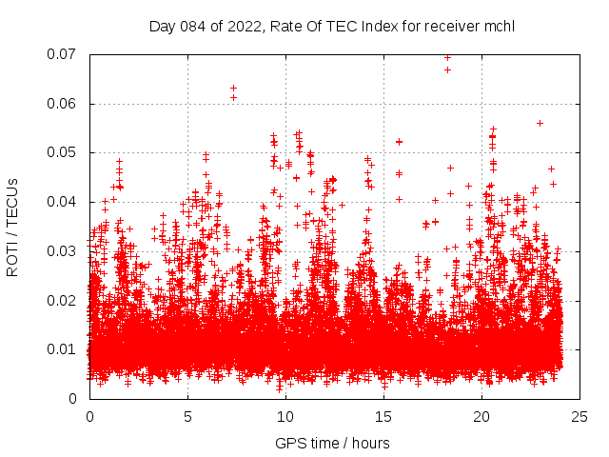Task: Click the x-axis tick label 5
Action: tap(187, 417)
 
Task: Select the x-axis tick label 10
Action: tap(285, 417)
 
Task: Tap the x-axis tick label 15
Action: tap(383, 417)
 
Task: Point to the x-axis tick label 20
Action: tap(481, 417)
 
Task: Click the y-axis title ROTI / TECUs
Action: tap(12, 227)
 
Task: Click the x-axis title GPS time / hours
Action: tap(332, 444)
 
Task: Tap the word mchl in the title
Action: tap(499, 26)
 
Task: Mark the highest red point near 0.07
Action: tap(447, 58)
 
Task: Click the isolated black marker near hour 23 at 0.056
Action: tap(540, 123)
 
